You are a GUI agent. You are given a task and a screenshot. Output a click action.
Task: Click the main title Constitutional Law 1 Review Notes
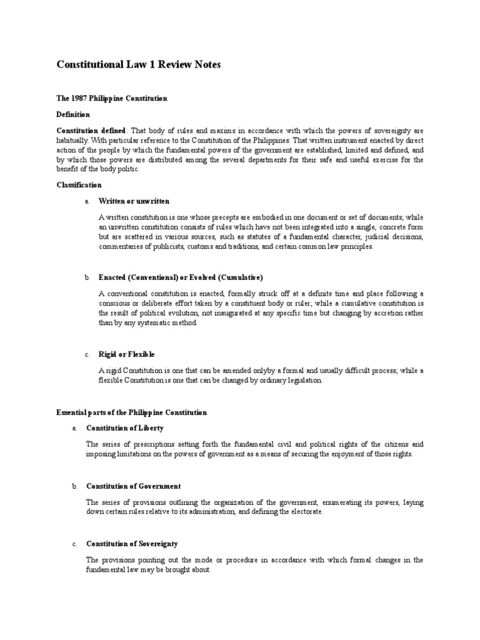139,65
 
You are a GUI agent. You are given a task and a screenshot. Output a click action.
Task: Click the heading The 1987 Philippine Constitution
112,99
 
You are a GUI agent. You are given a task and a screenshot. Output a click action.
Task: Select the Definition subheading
74,115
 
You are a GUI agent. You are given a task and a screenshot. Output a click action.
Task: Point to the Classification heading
79,185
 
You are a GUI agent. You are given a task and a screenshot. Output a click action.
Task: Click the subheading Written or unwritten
134,201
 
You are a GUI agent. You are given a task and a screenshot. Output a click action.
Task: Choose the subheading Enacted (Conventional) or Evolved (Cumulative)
181,277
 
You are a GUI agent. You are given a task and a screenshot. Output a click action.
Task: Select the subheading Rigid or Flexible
127,354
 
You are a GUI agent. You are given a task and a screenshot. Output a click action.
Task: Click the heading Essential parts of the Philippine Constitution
132,412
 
